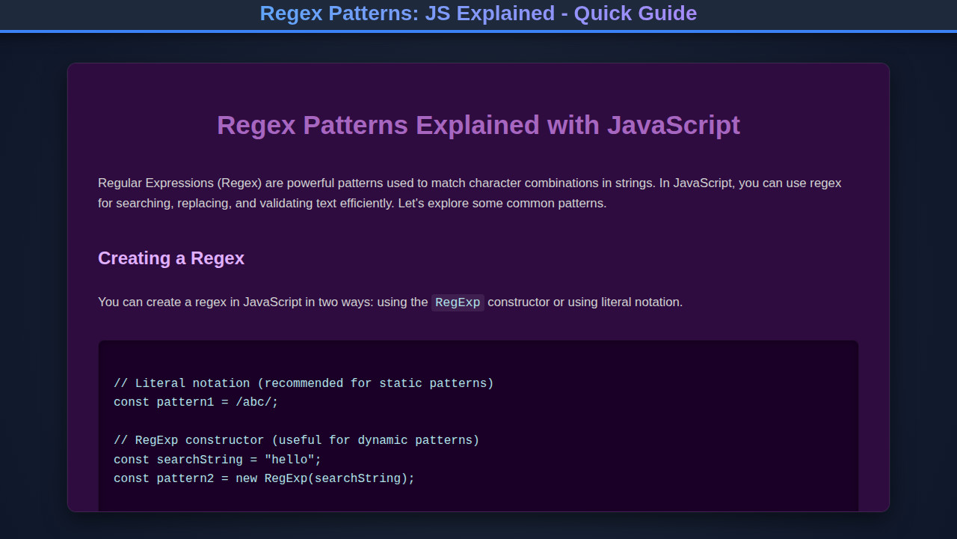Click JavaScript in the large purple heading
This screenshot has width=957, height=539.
tap(673, 125)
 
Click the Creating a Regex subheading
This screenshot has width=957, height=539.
tap(171, 258)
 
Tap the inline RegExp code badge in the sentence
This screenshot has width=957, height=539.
tap(458, 302)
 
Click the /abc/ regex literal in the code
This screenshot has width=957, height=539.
tap(256, 402)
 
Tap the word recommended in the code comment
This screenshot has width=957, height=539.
tap(304, 383)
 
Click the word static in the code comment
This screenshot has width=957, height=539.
tap(400, 383)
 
